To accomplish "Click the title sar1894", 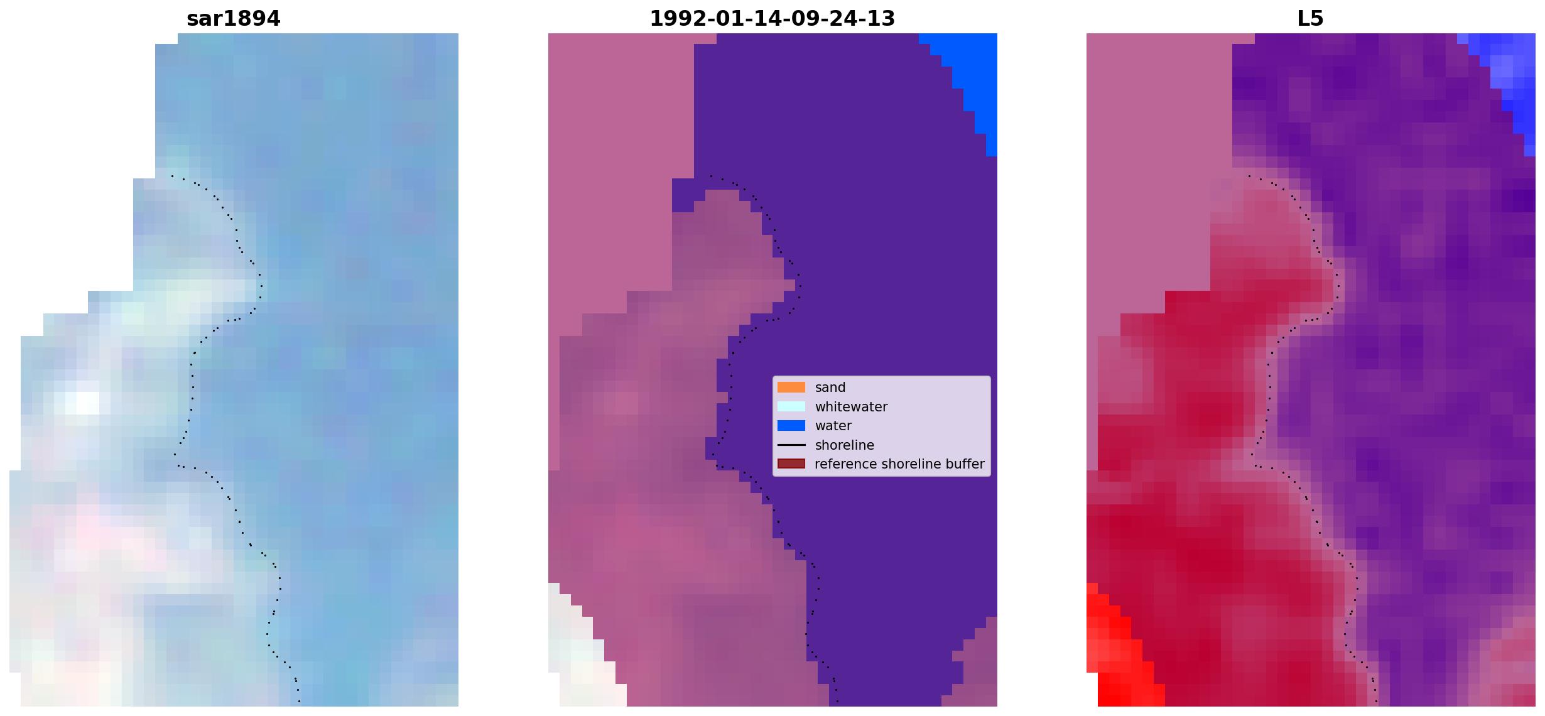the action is click(233, 19).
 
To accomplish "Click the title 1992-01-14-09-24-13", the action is click(772, 19).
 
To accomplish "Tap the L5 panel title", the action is click(1310, 19).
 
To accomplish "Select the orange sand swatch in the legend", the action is click(791, 388).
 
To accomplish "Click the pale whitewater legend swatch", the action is click(791, 406).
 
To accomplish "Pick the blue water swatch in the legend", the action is click(791, 426).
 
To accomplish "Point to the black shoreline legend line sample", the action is click(791, 445).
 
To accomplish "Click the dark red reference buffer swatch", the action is click(791, 464).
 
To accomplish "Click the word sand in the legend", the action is click(830, 388).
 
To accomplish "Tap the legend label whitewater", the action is click(851, 407).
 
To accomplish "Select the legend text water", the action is click(833, 426).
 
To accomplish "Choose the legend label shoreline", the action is click(845, 445).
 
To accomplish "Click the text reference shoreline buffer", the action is click(899, 464).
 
